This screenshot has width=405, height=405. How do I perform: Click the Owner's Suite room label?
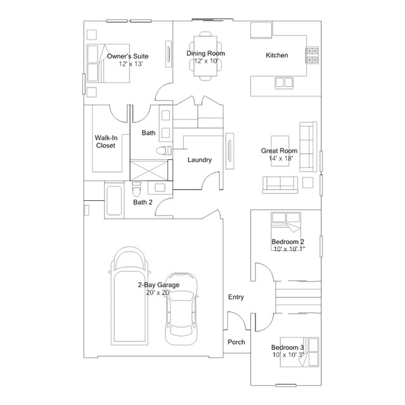tap(127, 56)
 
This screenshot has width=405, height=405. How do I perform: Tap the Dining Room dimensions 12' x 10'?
tap(206, 61)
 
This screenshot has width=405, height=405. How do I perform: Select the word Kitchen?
tap(277, 55)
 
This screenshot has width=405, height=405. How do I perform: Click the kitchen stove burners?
tap(312, 55)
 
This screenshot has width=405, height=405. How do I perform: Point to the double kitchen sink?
tap(284, 82)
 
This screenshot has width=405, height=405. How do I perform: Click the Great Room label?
tap(280, 151)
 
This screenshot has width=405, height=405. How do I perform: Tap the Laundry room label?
tap(200, 160)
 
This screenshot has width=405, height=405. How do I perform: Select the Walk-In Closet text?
tap(106, 141)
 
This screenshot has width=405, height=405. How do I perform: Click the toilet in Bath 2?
tap(136, 189)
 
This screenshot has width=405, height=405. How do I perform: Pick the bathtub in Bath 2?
tap(114, 201)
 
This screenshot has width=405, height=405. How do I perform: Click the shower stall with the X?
tap(150, 170)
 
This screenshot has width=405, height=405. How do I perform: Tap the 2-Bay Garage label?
tap(158, 285)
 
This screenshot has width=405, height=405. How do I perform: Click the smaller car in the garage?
tap(182, 309)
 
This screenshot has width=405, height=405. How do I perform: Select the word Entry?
tap(236, 297)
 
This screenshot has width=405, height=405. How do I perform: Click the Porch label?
tap(236, 342)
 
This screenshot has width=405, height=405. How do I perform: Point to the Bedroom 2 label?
tap(288, 241)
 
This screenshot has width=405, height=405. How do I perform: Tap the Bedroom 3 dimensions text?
tap(288, 355)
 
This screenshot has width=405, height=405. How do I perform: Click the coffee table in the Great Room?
tap(280, 151)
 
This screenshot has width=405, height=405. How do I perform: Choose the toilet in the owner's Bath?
tap(164, 150)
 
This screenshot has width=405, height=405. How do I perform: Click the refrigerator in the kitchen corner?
tap(261, 30)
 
